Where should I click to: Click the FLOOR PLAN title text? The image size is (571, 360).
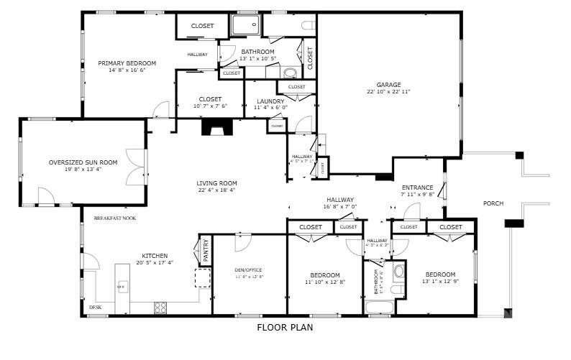(x=285, y=327)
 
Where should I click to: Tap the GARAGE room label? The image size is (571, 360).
(x=388, y=84)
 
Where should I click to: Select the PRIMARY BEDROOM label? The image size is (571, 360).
(x=127, y=63)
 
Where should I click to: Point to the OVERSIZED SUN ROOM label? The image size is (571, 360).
(x=83, y=162)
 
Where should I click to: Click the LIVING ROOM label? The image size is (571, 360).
(x=216, y=183)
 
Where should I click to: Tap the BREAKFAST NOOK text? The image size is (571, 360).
(x=114, y=218)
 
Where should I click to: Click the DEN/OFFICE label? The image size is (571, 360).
(x=249, y=270)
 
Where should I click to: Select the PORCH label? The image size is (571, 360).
(x=493, y=203)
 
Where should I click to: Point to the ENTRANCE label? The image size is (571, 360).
(x=417, y=188)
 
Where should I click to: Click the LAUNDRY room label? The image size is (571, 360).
(x=270, y=101)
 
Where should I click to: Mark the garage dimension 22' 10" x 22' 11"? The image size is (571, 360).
(x=388, y=92)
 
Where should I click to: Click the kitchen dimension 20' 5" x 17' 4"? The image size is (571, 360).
(x=155, y=262)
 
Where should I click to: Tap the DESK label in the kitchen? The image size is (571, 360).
(x=95, y=308)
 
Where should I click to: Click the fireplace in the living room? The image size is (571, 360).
(x=214, y=128)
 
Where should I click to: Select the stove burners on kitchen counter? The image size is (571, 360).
(x=160, y=307)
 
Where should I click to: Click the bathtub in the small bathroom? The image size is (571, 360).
(x=378, y=308)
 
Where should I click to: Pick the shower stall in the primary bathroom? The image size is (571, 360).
(x=245, y=25)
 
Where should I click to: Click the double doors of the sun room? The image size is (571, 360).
(x=134, y=167)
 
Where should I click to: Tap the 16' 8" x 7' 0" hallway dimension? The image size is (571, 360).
(x=340, y=207)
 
